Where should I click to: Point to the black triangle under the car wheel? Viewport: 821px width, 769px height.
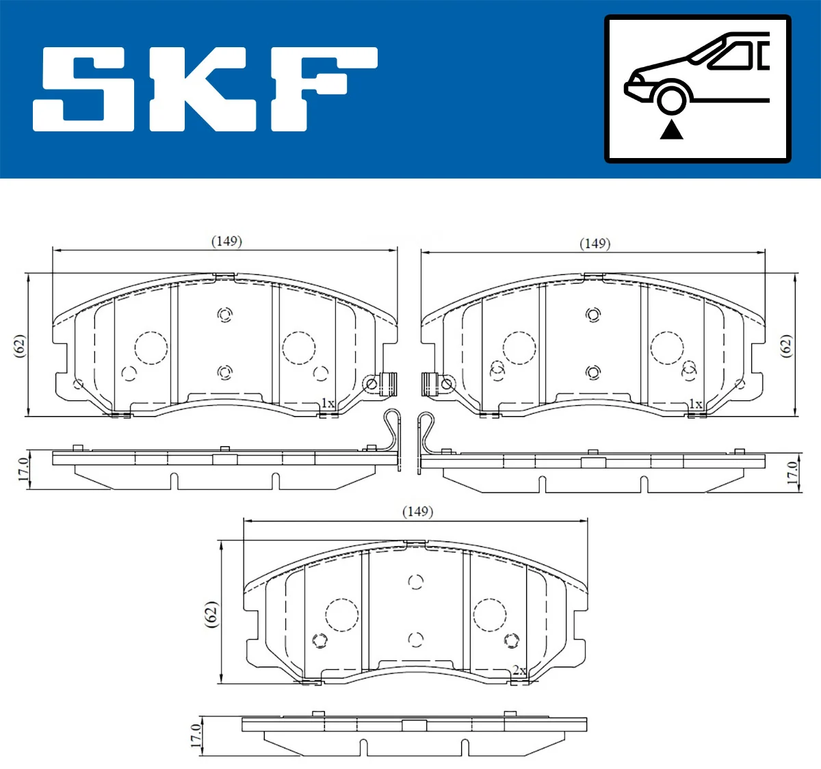(x=671, y=129)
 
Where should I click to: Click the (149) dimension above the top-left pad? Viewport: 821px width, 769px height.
(x=226, y=241)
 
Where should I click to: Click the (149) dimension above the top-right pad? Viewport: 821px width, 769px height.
(x=595, y=244)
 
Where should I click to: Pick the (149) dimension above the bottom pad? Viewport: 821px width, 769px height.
(x=417, y=511)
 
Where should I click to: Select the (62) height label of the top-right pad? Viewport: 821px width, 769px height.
(x=786, y=346)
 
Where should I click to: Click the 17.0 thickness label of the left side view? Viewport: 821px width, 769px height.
(x=23, y=469)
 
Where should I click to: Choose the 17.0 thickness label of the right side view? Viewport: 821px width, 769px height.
(x=792, y=473)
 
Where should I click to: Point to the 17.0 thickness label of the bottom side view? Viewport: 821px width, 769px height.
(x=196, y=736)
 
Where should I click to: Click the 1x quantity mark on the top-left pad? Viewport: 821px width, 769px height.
(x=328, y=404)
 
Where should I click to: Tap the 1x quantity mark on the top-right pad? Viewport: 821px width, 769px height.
(x=695, y=404)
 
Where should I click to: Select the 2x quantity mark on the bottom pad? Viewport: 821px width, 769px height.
(x=519, y=670)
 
